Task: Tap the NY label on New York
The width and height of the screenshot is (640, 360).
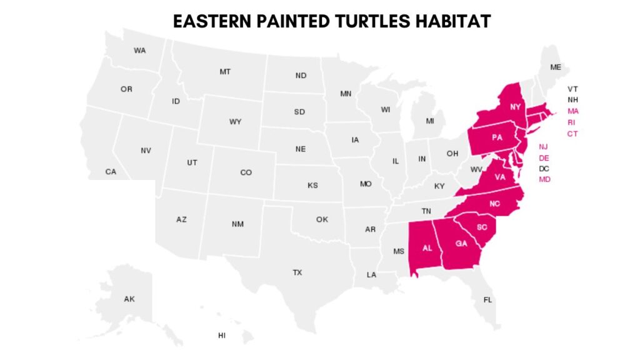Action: pyautogui.click(x=515, y=107)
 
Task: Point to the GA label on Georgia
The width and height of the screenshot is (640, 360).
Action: pyautogui.click(x=461, y=243)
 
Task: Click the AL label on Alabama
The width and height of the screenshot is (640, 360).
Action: pyautogui.click(x=427, y=247)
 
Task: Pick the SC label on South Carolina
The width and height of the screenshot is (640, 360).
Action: pyautogui.click(x=482, y=227)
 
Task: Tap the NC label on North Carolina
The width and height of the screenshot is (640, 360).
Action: pyautogui.click(x=494, y=204)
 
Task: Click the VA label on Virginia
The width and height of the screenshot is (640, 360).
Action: pyautogui.click(x=499, y=177)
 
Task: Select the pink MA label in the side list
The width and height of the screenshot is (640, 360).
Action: pyautogui.click(x=573, y=111)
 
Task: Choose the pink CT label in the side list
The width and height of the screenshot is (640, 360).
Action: pyautogui.click(x=572, y=134)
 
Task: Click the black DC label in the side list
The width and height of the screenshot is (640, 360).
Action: pyautogui.click(x=544, y=169)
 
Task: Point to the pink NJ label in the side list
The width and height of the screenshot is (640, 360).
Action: pyautogui.click(x=544, y=147)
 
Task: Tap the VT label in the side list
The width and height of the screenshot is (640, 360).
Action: pyautogui.click(x=573, y=89)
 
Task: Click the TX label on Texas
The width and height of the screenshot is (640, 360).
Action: pyautogui.click(x=297, y=272)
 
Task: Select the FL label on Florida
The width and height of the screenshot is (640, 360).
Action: pyautogui.click(x=487, y=300)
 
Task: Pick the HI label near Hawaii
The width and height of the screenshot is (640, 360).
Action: pyautogui.click(x=222, y=336)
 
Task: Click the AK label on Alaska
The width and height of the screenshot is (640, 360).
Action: pyautogui.click(x=129, y=299)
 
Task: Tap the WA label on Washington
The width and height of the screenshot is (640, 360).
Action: pyautogui.click(x=139, y=51)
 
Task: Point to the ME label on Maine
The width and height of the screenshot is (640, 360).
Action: pyautogui.click(x=555, y=67)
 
